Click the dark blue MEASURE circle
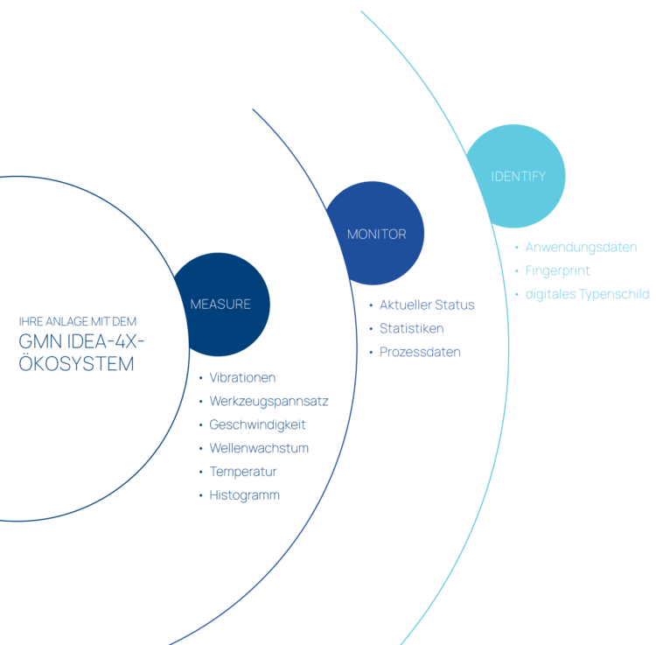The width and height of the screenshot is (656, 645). [221, 305]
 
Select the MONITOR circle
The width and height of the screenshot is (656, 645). [375, 233]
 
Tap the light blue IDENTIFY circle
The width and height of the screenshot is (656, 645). [516, 176]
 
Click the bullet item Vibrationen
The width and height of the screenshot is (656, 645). [242, 377]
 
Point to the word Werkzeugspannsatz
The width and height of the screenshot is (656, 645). [269, 401]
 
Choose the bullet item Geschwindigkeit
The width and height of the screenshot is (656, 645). [257, 424]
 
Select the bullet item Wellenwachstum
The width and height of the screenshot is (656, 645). [259, 448]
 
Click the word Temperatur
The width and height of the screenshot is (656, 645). [242, 472]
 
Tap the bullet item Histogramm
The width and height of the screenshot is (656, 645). [244, 495]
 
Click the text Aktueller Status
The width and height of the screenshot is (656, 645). [427, 305]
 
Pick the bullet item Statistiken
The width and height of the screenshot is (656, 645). [411, 328]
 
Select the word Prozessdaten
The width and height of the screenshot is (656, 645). [420, 352]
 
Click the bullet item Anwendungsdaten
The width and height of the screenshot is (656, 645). [581, 247]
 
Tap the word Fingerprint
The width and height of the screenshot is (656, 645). [557, 270]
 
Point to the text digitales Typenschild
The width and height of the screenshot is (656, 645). [587, 294]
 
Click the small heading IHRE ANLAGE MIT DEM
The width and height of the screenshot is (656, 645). [77, 321]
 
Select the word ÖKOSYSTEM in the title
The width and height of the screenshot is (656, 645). [77, 363]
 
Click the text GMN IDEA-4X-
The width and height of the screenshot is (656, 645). [81, 341]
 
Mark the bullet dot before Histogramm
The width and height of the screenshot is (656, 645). [201, 495]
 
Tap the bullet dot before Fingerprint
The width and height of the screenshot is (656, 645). [517, 270]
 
